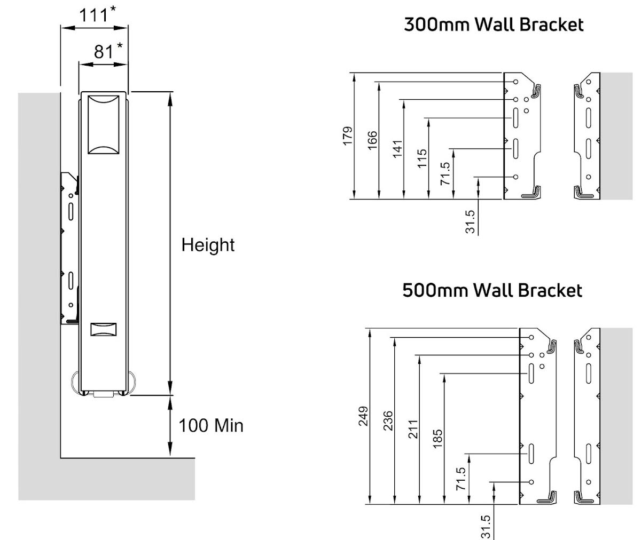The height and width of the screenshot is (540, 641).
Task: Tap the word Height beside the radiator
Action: (x=208, y=245)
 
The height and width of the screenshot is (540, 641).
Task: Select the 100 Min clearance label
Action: (x=210, y=425)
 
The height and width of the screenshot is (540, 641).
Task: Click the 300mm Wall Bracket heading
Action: (x=493, y=25)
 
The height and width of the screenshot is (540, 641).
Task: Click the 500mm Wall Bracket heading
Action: (x=492, y=290)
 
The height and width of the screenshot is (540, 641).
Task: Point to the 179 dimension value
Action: (x=348, y=136)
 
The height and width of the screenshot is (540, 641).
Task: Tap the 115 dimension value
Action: (x=423, y=158)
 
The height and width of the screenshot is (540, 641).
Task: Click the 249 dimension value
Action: (x=363, y=416)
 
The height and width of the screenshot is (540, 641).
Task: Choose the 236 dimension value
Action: (x=388, y=420)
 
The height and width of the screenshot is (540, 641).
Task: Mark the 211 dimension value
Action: (x=413, y=428)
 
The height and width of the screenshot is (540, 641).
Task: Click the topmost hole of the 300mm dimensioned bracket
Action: (x=516, y=82)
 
